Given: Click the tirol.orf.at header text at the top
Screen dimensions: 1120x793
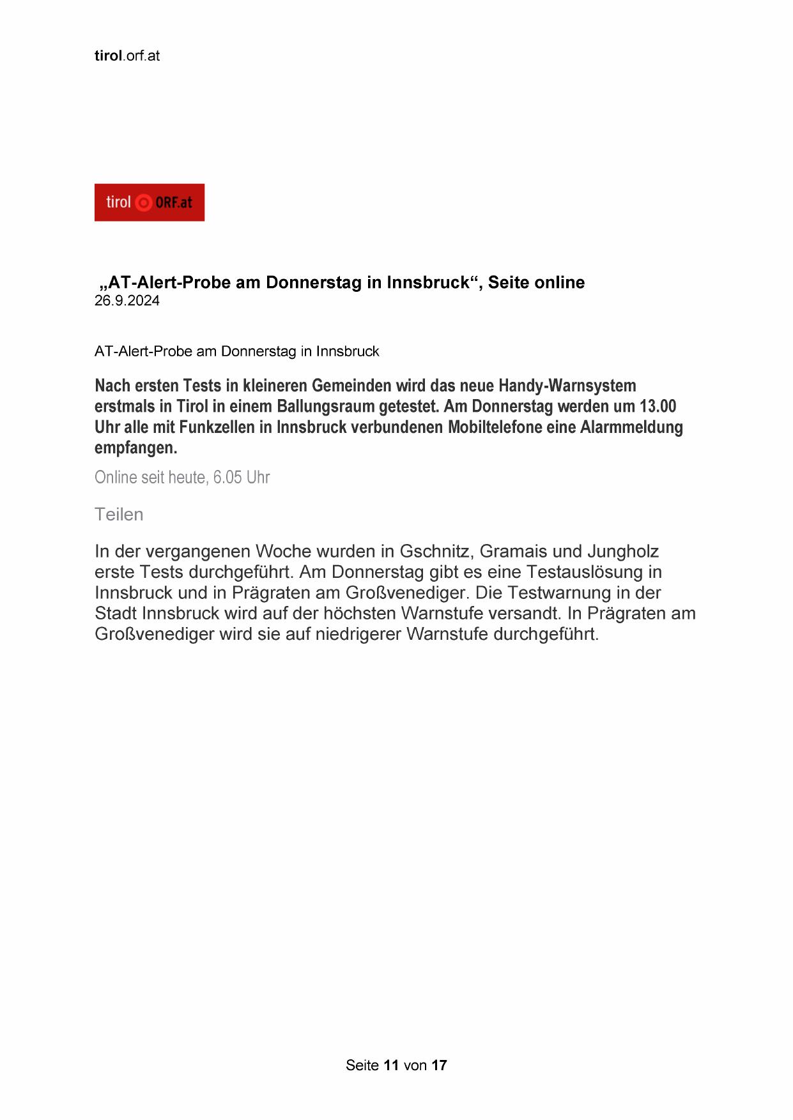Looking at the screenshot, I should pyautogui.click(x=127, y=56).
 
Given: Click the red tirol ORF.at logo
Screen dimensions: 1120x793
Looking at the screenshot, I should pyautogui.click(x=149, y=202).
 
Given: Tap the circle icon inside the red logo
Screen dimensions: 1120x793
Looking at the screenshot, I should pyautogui.click(x=144, y=203).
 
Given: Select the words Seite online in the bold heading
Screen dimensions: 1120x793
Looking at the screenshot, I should pyautogui.click(x=536, y=282).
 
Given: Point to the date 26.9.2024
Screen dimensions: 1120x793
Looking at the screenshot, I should pyautogui.click(x=127, y=301).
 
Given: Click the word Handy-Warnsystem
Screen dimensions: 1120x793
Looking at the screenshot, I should pyautogui.click(x=567, y=386).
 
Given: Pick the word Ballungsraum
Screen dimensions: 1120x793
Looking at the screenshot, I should pyautogui.click(x=325, y=407).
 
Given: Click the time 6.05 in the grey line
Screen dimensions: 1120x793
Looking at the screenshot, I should pyautogui.click(x=227, y=477).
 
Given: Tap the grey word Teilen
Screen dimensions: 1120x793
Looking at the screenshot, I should pyautogui.click(x=119, y=515).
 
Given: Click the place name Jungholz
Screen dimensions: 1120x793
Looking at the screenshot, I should pyautogui.click(x=623, y=551).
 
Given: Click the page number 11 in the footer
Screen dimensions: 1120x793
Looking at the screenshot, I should pyautogui.click(x=391, y=1065).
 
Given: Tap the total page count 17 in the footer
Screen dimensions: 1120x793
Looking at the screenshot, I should pyautogui.click(x=439, y=1065).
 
